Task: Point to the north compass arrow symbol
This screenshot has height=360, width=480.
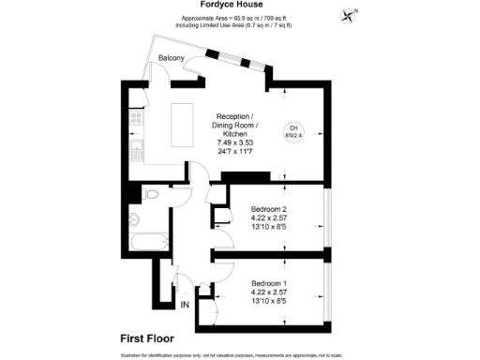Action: pyautogui.click(x=352, y=15)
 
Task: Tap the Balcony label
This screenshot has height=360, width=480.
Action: pyautogui.click(x=171, y=58)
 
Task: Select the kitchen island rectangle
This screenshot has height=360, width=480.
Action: pyautogui.click(x=182, y=125)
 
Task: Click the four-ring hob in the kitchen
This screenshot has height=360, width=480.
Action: pyautogui.click(x=136, y=119)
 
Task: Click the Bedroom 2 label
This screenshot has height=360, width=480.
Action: pyautogui.click(x=270, y=210)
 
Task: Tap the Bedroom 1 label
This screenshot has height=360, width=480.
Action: pyautogui.click(x=270, y=282)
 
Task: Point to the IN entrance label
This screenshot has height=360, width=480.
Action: pyautogui.click(x=184, y=305)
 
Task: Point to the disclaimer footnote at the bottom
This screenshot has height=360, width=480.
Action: pyautogui.click(x=240, y=355)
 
